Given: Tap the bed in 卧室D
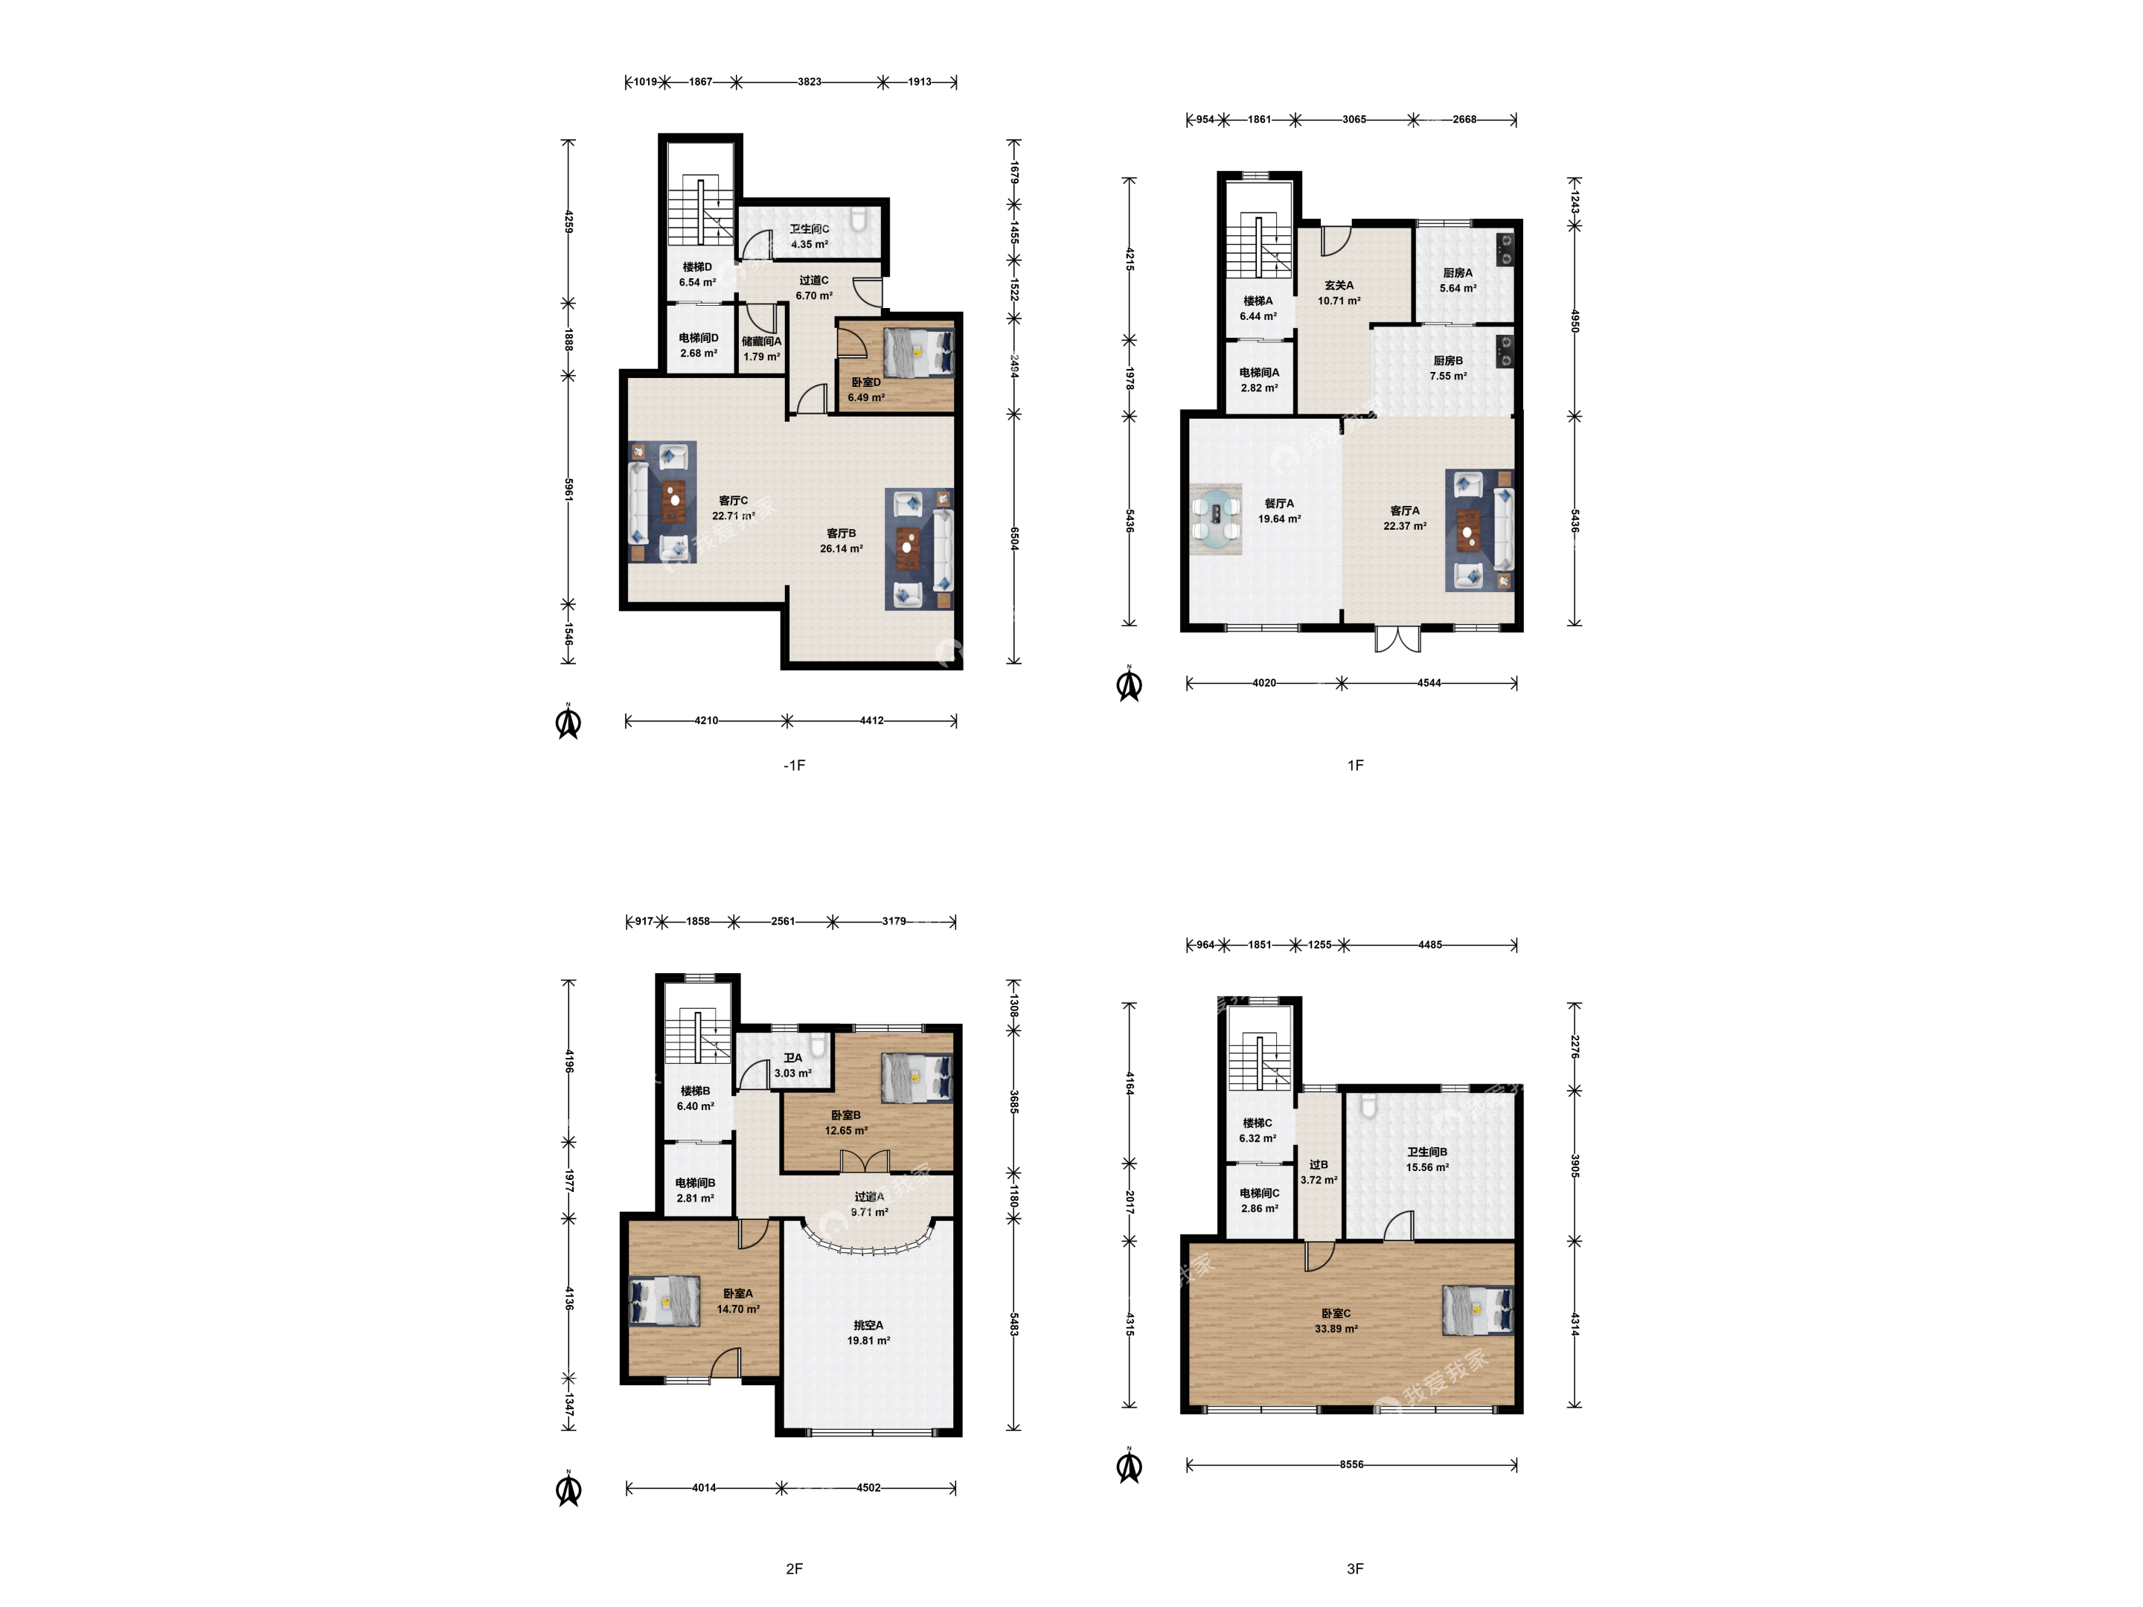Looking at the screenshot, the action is (x=918, y=352).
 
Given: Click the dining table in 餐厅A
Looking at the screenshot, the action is (x=1217, y=519).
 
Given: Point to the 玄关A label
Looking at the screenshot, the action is (x=1339, y=286).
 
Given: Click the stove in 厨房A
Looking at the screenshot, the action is (x=1505, y=249).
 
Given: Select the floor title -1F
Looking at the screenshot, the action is (x=795, y=766).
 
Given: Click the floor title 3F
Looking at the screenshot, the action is (x=1355, y=1568).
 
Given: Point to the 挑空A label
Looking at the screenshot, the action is (x=868, y=1325).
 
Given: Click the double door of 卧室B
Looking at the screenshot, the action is (x=864, y=1161).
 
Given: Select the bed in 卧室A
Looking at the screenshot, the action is (x=664, y=1300).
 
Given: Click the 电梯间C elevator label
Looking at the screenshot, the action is (x=1260, y=1193).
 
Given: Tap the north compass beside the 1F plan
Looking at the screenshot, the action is (x=1130, y=684).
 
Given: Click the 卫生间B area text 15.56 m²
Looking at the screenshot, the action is (x=1427, y=1168).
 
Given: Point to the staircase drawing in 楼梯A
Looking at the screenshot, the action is (x=1260, y=246).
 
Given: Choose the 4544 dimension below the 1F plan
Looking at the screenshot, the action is (x=1429, y=683).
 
